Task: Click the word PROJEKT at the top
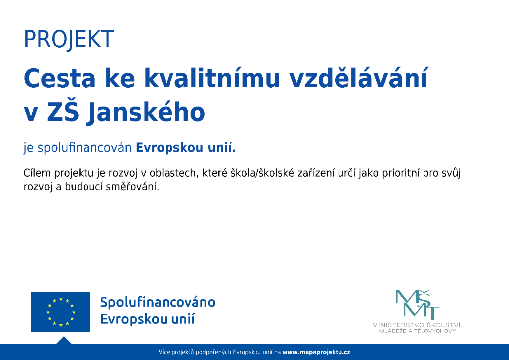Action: click(x=69, y=39)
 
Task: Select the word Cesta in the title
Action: click(x=60, y=78)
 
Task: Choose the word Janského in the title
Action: click(x=146, y=112)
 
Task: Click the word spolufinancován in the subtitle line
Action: click(x=85, y=148)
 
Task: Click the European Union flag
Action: click(x=61, y=312)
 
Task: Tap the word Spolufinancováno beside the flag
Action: click(x=158, y=302)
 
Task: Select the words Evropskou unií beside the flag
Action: click(x=147, y=319)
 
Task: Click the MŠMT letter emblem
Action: click(x=417, y=304)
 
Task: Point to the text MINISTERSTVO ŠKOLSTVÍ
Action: click(x=417, y=325)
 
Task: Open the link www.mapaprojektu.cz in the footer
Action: click(x=317, y=352)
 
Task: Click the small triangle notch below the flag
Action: click(x=64, y=341)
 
